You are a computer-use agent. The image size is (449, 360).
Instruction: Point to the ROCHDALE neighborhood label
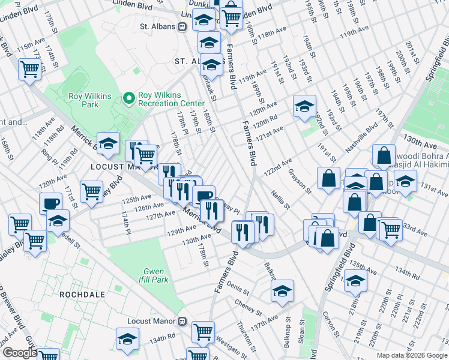point(82,295)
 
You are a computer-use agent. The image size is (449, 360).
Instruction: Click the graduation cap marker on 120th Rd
point(304,106)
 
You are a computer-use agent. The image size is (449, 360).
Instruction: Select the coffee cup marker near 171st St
point(50,202)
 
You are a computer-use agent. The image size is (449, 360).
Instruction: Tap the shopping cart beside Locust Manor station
point(203,330)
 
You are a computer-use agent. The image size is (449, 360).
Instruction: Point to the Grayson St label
point(300,181)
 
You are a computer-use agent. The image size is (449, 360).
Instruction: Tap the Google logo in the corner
point(20,353)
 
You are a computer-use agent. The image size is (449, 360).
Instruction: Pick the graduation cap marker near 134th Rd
point(127,339)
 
